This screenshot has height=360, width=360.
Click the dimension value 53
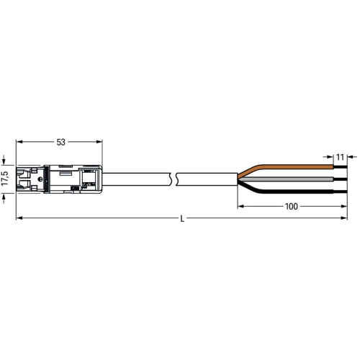[61, 143]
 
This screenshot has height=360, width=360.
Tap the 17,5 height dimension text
[5, 179]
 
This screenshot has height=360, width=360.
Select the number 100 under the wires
[292, 206]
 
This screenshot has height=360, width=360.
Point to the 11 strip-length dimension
[340, 157]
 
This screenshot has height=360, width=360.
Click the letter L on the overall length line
[182, 219]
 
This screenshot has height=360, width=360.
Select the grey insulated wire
[286, 179]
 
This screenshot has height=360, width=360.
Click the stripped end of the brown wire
[341, 167]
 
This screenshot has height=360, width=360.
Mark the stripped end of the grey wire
[341, 179]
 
